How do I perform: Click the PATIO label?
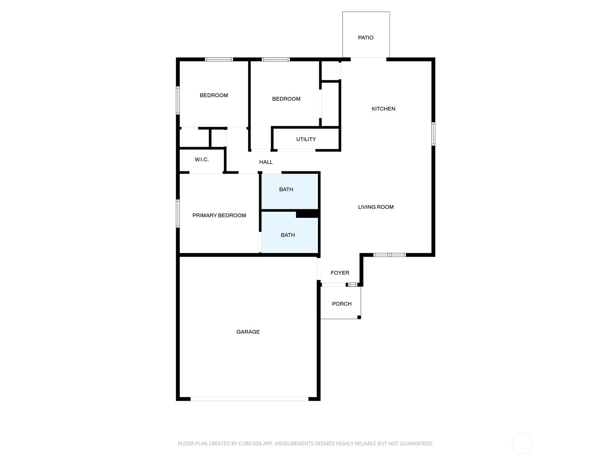tap(365, 37)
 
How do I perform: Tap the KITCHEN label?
tap(383, 109)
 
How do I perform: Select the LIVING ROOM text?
tap(376, 207)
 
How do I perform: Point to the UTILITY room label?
tap(306, 139)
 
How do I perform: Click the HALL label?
tap(266, 162)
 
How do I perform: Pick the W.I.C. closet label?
tap(202, 160)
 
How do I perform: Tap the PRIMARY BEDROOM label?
tap(219, 215)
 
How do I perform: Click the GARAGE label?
tap(248, 332)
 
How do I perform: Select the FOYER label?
tap(340, 273)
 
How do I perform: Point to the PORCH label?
tap(341, 304)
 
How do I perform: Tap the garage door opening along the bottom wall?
tap(249, 399)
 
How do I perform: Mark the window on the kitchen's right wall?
tap(433, 134)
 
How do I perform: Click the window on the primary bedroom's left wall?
tap(178, 213)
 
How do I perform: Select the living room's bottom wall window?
tap(390, 255)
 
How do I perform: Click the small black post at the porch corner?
tap(359, 317)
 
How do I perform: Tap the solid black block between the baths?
tap(307, 214)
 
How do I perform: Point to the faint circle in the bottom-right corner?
tap(522, 444)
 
